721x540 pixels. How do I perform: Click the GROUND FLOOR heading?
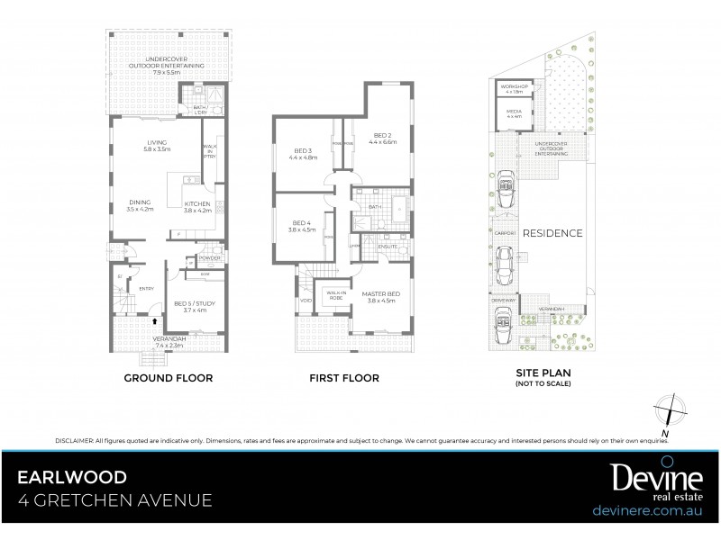point(168,379)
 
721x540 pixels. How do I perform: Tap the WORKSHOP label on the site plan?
point(514,87)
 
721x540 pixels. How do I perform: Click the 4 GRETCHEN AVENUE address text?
point(118,500)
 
